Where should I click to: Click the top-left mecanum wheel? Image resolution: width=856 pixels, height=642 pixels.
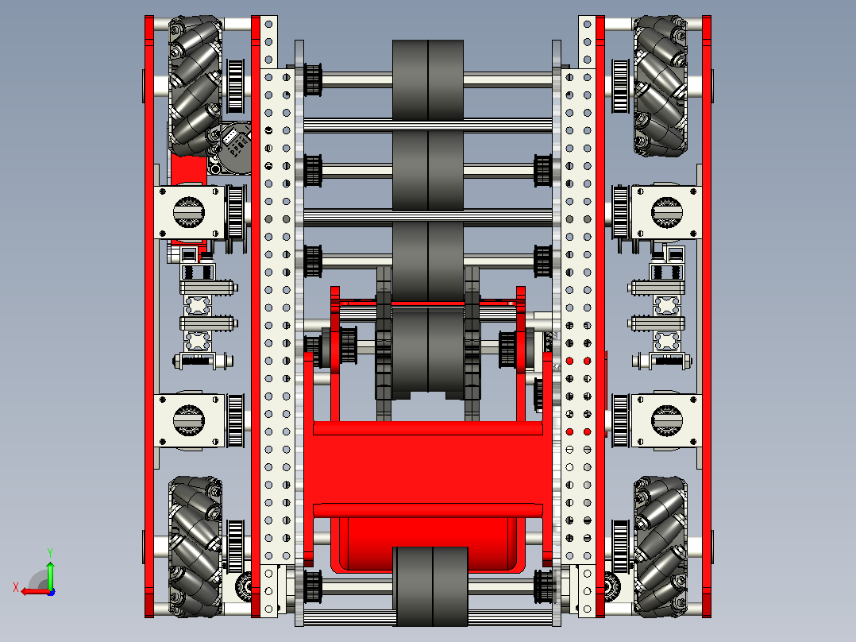coord(195,86)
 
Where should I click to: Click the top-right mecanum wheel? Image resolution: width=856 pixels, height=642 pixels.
coord(660,86)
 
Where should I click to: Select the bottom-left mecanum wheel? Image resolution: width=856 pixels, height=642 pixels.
coord(195,547)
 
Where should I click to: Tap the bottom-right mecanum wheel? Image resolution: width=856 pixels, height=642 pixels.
coord(660,547)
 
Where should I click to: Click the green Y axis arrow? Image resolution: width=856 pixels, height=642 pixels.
coord(50,571)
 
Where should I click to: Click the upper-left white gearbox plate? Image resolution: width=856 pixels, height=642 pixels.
coord(190,212)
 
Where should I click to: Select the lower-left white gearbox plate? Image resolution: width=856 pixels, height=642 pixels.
coord(190,420)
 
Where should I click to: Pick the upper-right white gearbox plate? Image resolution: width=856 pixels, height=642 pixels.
coord(666,212)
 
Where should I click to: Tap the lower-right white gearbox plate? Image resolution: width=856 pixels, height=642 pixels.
coord(666,420)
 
